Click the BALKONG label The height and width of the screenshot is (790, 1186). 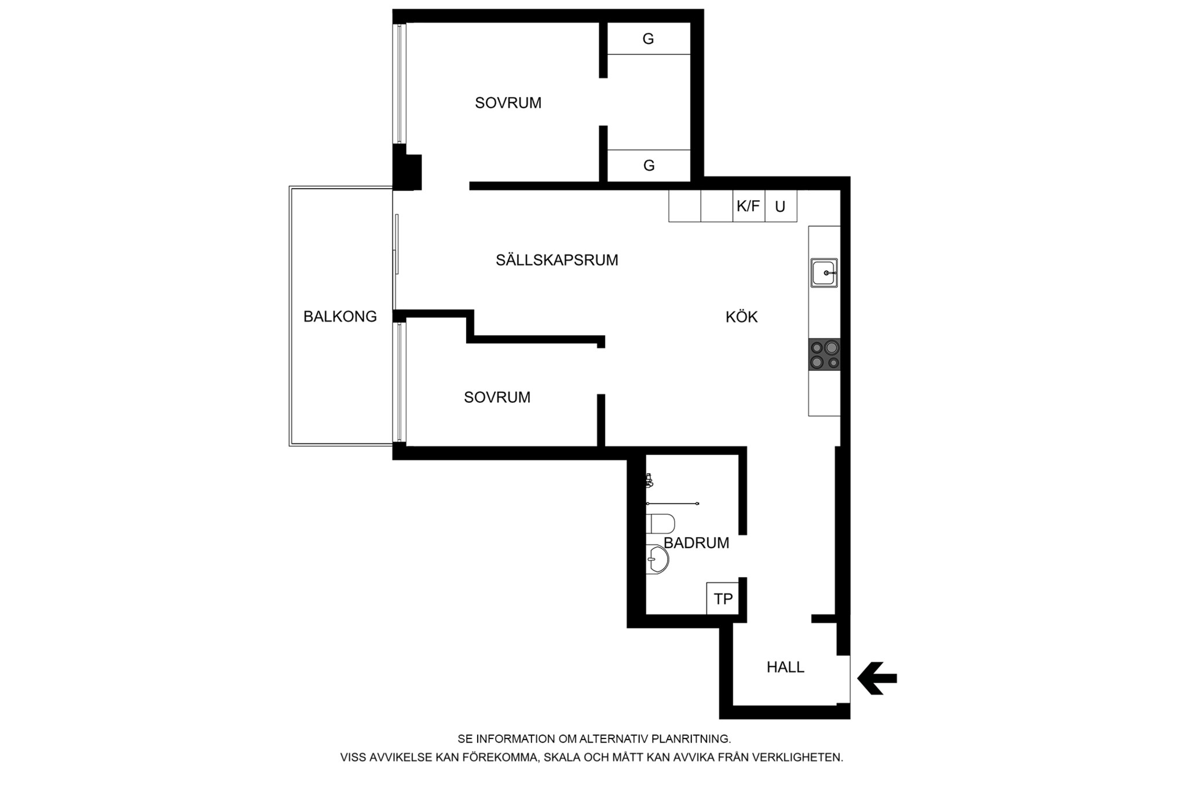340,317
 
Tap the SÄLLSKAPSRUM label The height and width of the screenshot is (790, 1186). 557,260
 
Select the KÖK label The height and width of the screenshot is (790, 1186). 742,317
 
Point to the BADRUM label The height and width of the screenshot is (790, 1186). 696,543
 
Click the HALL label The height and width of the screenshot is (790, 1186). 785,667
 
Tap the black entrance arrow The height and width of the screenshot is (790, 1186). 877,678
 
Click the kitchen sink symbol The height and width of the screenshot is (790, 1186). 824,273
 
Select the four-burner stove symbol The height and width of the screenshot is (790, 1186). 825,355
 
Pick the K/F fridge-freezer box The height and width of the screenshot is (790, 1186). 749,206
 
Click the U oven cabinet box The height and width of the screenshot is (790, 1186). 781,206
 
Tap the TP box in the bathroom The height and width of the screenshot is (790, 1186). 723,598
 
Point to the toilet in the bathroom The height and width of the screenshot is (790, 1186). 660,524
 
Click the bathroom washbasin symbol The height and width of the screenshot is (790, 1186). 658,560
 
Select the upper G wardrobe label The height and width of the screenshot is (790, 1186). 648,39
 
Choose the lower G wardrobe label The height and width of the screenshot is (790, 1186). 649,166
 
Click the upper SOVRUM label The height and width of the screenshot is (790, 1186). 508,103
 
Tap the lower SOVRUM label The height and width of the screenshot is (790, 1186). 497,398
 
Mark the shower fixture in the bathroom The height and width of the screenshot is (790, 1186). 650,480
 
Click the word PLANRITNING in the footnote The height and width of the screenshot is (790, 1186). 691,739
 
